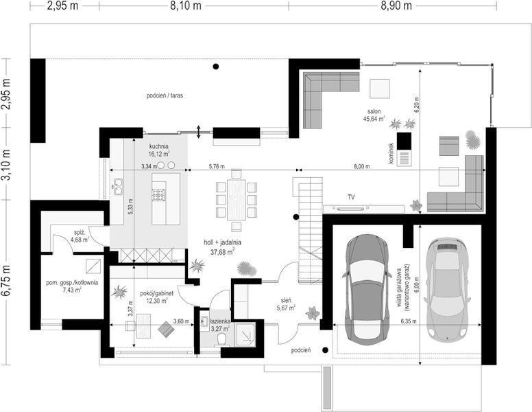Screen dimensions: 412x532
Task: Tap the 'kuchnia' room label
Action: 159,147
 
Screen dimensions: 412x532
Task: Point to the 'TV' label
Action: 350,198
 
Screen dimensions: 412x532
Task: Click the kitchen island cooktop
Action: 159,194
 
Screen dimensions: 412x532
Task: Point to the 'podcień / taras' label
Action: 165,96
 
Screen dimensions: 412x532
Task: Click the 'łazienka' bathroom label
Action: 219,321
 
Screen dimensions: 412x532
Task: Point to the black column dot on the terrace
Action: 216,67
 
